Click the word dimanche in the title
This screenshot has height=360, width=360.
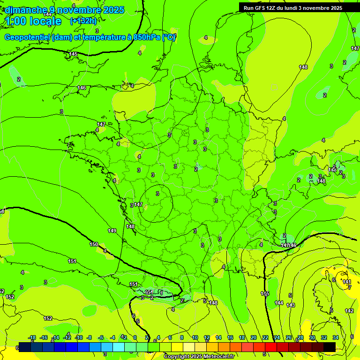pyautogui.click(x=26, y=10)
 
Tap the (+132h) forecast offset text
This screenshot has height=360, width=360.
pyautogui.click(x=83, y=21)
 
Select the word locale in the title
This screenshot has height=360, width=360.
pyautogui.click(x=45, y=21)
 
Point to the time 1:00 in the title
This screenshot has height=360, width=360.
pyautogui.click(x=15, y=21)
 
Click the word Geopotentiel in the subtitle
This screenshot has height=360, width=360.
pyautogui.click(x=27, y=37)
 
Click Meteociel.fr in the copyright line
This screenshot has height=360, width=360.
pyautogui.click(x=220, y=357)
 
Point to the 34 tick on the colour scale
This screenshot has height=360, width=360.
pyautogui.click(x=336, y=337)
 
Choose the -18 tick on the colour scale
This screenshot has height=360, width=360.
pyautogui.click(x=32, y=337)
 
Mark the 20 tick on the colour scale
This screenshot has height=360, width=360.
pyautogui.click(x=254, y=337)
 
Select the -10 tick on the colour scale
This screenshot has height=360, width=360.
pyautogui.click(x=79, y=337)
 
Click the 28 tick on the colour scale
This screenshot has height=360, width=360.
pyautogui.click(x=300, y=337)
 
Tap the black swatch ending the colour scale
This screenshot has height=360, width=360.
pyautogui.click(x=330, y=347)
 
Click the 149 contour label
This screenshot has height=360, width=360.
pyautogui.click(x=112, y=231)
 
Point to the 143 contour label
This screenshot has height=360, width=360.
pyautogui.click(x=291, y=305)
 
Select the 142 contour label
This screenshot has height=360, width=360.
pyautogui.click(x=349, y=311)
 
